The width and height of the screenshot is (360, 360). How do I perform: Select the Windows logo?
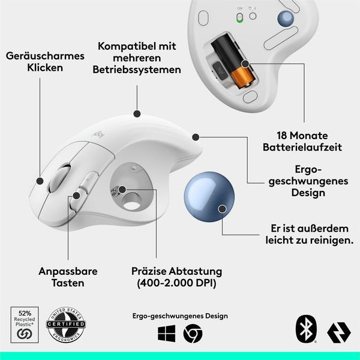click(166, 334)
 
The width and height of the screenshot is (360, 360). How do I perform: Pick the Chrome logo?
click(193, 334)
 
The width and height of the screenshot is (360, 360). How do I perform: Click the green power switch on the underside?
click(239, 17)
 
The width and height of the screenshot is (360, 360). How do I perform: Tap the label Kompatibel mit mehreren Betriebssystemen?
click(137, 58)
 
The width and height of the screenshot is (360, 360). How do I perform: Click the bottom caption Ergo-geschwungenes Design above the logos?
click(180, 316)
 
